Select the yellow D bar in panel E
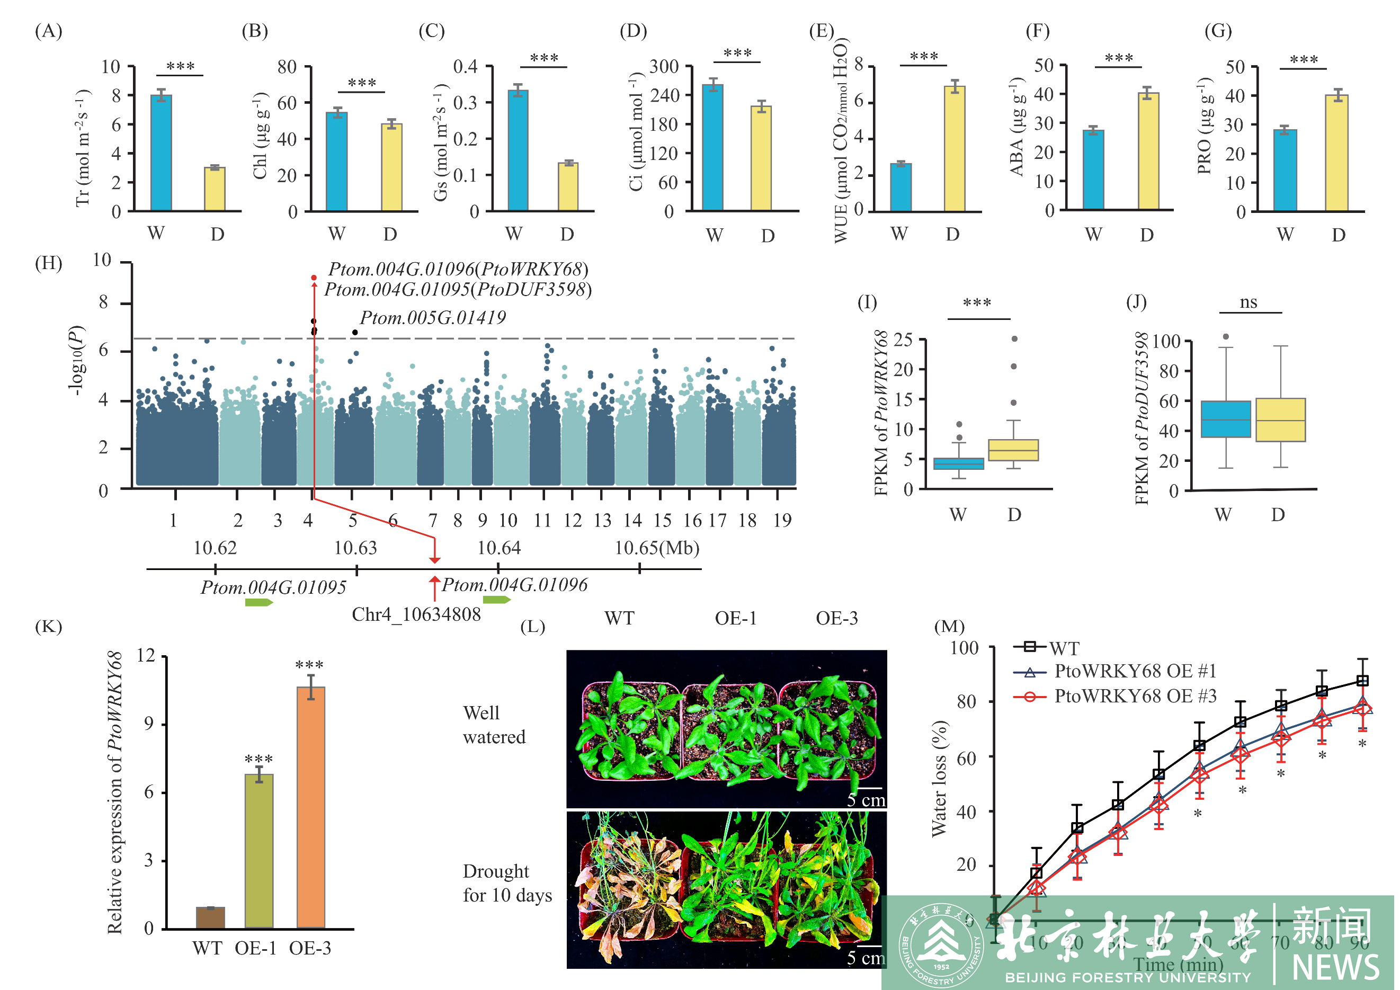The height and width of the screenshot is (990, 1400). pyautogui.click(x=955, y=149)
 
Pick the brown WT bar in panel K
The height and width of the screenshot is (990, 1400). pyautogui.click(x=210, y=917)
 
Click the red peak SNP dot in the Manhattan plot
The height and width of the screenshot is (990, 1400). pyautogui.click(x=314, y=278)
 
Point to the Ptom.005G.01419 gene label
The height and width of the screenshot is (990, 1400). pyautogui.click(x=432, y=318)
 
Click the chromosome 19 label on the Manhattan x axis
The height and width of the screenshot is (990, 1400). pyautogui.click(x=782, y=520)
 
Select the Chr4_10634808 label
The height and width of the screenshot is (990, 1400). pyautogui.click(x=416, y=614)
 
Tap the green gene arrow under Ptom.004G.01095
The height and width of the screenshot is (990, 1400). pyautogui.click(x=258, y=603)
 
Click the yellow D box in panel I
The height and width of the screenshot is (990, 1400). pyautogui.click(x=1013, y=450)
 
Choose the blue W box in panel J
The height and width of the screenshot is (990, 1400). pyautogui.click(x=1226, y=419)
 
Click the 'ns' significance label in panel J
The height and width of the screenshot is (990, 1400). pyautogui.click(x=1248, y=302)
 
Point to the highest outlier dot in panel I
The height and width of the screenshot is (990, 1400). pyautogui.click(x=1014, y=339)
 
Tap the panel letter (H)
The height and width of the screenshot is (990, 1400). pyautogui.click(x=49, y=263)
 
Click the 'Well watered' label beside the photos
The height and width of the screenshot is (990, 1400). pyautogui.click(x=493, y=725)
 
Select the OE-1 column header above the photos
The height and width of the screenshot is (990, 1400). pyautogui.click(x=735, y=619)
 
